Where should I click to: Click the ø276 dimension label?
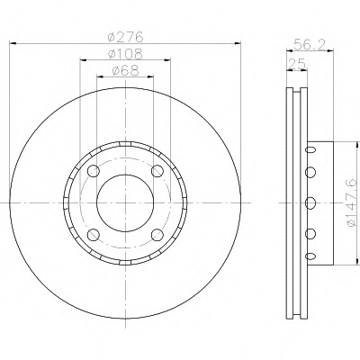pyautogui.click(x=126, y=37)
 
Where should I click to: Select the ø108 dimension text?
pyautogui.click(x=126, y=54)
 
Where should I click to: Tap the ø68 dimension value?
pyautogui.click(x=126, y=71)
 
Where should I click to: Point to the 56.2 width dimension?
pyautogui.click(x=310, y=44)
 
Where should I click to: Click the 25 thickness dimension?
pyautogui.click(x=297, y=64)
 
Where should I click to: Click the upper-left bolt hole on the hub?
pyautogui.click(x=94, y=171)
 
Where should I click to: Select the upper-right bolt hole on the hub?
pyautogui.click(x=157, y=171)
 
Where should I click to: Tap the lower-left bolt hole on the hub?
pyautogui.click(x=94, y=235)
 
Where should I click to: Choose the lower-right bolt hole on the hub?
pyautogui.click(x=157, y=235)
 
